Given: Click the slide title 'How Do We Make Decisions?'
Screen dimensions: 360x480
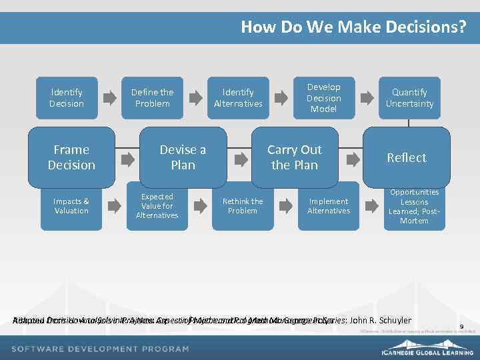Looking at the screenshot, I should (353, 27).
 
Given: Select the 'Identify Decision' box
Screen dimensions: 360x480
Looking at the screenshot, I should (67, 98).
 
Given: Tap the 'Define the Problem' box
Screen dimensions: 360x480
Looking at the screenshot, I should (152, 98).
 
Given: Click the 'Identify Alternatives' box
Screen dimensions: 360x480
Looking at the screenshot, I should (238, 98).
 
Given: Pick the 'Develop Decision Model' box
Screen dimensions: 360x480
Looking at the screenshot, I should (323, 98).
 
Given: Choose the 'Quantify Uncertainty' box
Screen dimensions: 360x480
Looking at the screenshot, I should (409, 98).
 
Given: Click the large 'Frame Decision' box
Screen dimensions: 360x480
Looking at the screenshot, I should (71, 157).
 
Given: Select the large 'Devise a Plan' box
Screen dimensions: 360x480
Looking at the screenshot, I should (183, 157).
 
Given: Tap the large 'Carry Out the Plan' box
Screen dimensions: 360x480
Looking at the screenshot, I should (294, 157).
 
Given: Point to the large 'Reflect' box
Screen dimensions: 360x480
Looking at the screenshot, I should (406, 157).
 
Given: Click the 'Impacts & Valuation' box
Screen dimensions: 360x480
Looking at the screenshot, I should (71, 206).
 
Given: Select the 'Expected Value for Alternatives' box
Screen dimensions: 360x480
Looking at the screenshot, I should (157, 206).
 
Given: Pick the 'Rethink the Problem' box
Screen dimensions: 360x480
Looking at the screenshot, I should (243, 206).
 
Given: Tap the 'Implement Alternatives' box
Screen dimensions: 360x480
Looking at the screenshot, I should (328, 206).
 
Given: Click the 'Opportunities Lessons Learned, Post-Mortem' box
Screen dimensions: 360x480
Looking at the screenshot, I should (414, 206).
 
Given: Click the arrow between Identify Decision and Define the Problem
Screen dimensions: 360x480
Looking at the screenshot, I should (109, 98).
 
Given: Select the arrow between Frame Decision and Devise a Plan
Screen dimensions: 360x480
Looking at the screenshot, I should (126, 159).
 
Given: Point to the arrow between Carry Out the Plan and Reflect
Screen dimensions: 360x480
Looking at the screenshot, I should (350, 159).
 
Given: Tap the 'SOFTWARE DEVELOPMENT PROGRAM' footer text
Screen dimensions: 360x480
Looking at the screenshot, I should (100, 349).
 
